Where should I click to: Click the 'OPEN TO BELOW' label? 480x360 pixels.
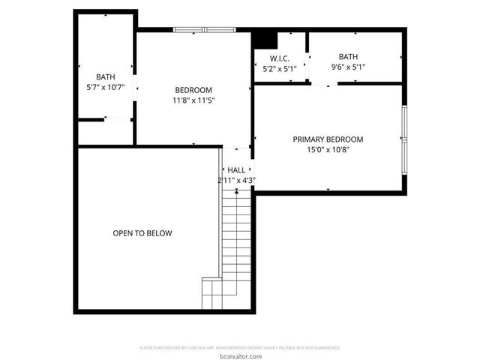click(x=142, y=233)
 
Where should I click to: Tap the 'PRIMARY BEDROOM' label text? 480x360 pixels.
click(x=328, y=139)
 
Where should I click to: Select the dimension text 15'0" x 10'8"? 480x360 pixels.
click(x=328, y=149)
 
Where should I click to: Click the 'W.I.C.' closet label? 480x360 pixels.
click(x=280, y=58)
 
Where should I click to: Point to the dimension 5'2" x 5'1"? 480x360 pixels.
click(x=280, y=69)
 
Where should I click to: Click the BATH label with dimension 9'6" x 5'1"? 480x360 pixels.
click(x=348, y=56)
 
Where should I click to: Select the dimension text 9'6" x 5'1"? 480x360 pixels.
click(x=348, y=67)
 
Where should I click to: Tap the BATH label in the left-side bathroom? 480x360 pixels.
click(x=106, y=76)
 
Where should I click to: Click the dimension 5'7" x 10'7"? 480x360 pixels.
click(x=106, y=87)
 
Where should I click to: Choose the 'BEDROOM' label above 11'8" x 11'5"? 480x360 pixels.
click(x=193, y=90)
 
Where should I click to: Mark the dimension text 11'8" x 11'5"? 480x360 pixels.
click(x=193, y=100)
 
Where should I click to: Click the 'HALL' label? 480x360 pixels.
click(x=237, y=170)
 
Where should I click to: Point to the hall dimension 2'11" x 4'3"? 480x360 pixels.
click(x=237, y=180)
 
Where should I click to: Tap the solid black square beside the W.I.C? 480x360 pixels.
click(x=264, y=39)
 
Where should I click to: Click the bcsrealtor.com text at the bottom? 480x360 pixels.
click(x=240, y=355)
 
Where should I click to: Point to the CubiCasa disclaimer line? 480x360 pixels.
click(x=240, y=348)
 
